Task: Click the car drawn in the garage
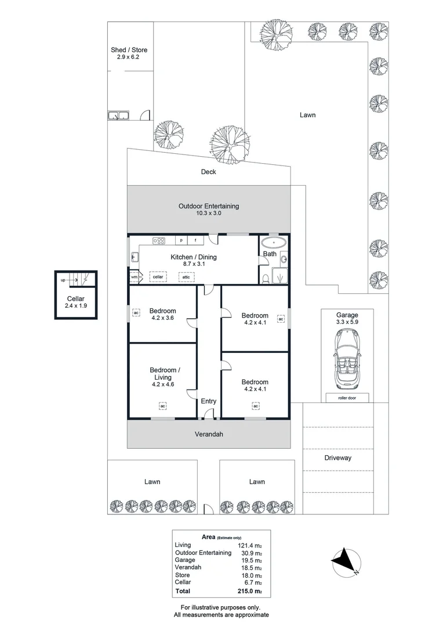pos(347,358)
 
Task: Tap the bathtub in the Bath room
pos(274,243)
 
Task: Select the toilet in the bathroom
pos(266,278)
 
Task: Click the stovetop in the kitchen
pos(159,240)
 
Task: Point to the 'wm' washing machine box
pos(134,277)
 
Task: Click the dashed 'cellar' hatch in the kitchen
pos(158,277)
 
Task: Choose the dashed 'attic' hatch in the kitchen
pos(186,277)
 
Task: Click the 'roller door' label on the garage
pos(347,398)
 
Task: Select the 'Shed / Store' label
pos(129,50)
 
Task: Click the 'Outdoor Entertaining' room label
pos(209,206)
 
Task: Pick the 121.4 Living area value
pos(250,545)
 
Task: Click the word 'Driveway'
pos(337,458)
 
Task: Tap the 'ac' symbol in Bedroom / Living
pos(162,406)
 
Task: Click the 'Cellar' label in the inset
pos(75,299)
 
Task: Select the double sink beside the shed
pos(118,116)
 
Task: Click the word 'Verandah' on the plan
pos(209,434)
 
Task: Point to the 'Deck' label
pos(209,172)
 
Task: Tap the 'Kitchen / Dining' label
pos(194,257)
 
